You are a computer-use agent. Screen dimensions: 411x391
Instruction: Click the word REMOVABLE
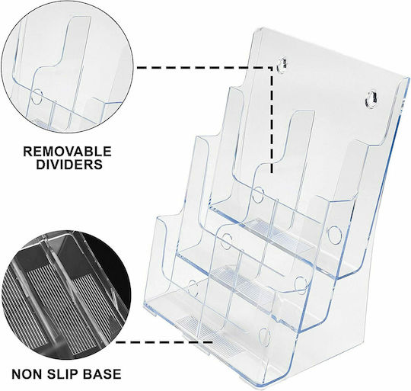point(68,152)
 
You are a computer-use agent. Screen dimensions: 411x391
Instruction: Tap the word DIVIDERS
point(69,165)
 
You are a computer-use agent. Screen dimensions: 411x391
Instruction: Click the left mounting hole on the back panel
point(282,64)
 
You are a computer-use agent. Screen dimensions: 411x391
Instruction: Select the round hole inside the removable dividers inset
point(37,96)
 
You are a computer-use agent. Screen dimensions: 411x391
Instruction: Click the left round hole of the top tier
point(258,195)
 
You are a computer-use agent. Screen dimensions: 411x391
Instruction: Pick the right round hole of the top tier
point(335,234)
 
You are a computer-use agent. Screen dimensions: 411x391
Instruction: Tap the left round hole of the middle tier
point(226,241)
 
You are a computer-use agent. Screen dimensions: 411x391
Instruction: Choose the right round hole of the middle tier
point(301,284)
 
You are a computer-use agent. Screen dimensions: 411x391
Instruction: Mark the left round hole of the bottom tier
point(193,288)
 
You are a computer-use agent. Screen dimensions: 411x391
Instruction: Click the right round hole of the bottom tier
point(264,337)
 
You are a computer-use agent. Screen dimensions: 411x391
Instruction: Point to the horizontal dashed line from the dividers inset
point(205,67)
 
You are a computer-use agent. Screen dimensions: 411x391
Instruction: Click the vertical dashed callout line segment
point(272,120)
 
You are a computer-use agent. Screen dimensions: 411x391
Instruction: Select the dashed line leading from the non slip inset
point(164,342)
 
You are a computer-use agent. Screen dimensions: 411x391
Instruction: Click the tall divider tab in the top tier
point(301,168)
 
